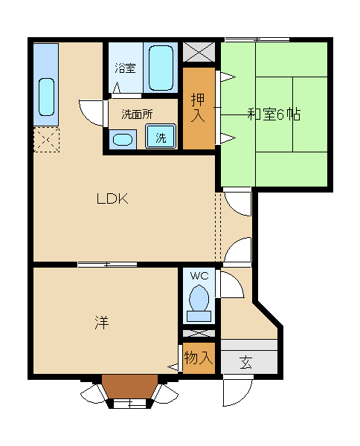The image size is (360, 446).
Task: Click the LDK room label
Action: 112,198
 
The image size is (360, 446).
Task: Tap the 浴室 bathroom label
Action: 125,68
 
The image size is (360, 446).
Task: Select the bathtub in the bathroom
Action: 161,68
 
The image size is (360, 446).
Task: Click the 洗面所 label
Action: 137,114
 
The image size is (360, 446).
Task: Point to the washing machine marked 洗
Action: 161,136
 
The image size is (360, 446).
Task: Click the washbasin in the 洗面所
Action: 123,140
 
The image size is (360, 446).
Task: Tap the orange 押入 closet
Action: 199,109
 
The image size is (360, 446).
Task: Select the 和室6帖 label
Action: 274,114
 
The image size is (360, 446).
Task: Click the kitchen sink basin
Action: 46,97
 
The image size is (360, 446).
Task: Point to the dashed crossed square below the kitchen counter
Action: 47,140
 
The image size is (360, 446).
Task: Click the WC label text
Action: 199,276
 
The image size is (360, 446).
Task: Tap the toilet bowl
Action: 199,298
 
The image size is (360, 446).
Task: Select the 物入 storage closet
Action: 199,358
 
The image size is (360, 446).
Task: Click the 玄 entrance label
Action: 246,363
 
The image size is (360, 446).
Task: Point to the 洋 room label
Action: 102,323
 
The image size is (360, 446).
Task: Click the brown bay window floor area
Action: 129,387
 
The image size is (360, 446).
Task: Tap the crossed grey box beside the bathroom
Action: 199,51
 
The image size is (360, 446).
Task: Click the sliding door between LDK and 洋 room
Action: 107,265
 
